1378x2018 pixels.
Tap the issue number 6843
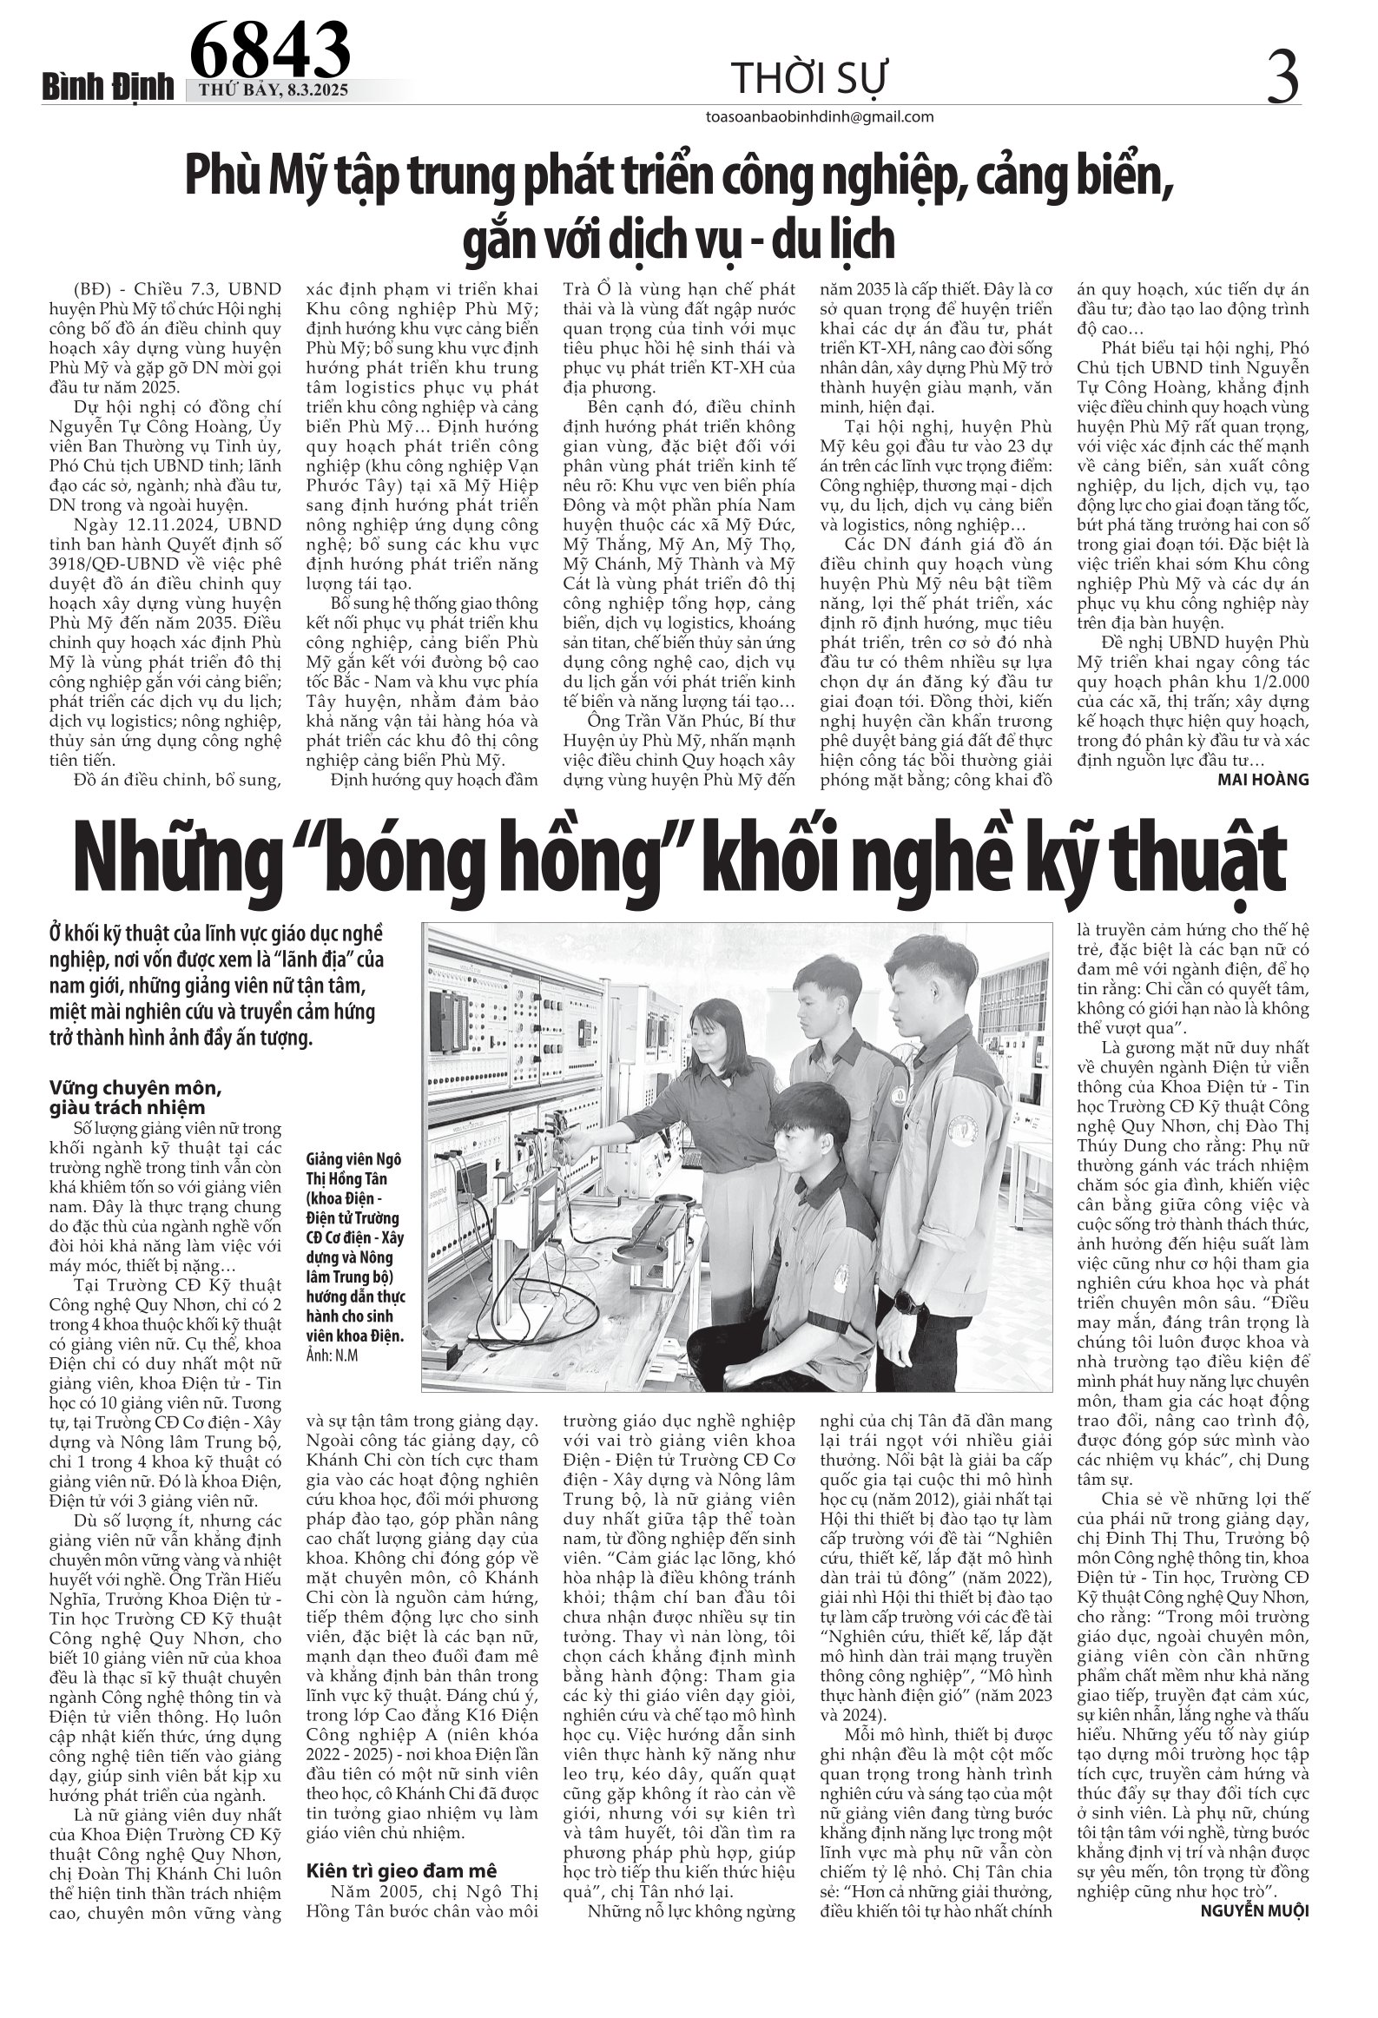coord(269,49)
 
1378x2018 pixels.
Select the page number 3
coord(1282,76)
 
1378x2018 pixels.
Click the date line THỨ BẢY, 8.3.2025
coord(274,92)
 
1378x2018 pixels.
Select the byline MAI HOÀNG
coord(1268,780)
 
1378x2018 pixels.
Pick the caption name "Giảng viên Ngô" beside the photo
coord(354,1161)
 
